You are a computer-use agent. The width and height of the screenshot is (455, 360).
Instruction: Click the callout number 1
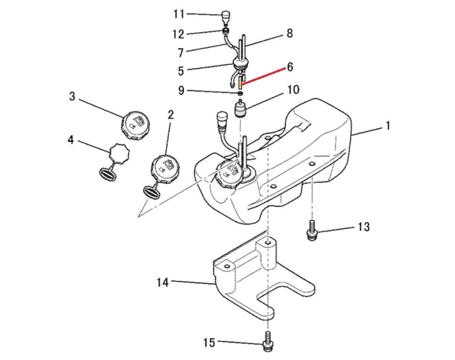pos(387,126)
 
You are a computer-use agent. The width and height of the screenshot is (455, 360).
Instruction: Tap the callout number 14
pos(163,282)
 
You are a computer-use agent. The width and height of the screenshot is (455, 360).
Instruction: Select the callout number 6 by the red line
pos(290,67)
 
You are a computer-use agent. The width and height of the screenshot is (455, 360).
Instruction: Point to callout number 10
pos(293,90)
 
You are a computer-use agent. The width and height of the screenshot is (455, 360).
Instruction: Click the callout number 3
pos(72,96)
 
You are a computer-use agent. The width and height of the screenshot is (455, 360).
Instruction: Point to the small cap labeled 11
pos(226,16)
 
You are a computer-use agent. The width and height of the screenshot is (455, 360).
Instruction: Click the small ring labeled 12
pos(226,31)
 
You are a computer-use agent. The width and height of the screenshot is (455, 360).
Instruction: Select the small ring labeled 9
pos(239,93)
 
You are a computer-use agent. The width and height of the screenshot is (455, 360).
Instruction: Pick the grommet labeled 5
pos(239,65)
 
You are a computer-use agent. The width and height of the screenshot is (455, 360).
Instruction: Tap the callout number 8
pos(290,33)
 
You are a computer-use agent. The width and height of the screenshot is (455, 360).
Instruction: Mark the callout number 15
pos(209,343)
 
